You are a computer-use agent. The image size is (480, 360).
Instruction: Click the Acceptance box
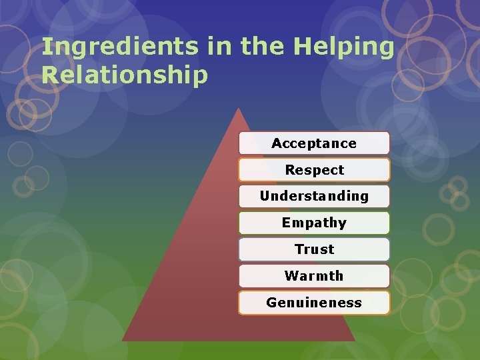click(314, 143)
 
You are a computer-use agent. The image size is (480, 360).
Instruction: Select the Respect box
click(314, 170)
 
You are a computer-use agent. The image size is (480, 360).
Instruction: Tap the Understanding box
click(314, 196)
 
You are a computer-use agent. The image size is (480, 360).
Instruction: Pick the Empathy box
click(314, 223)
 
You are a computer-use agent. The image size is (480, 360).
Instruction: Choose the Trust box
click(314, 249)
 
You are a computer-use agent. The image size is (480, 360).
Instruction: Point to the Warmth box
click(314, 276)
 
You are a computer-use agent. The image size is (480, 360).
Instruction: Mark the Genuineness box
click(314, 303)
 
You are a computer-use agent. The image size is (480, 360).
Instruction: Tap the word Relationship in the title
click(125, 75)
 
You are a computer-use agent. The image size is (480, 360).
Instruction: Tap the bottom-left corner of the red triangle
click(123, 340)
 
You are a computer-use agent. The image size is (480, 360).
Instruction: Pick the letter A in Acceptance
click(276, 143)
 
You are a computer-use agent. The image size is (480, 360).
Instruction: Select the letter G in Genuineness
click(271, 303)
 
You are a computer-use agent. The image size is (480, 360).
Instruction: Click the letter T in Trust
click(299, 249)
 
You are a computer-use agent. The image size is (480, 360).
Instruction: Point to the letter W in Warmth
click(291, 276)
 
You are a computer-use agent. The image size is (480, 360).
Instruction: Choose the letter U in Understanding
click(265, 196)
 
